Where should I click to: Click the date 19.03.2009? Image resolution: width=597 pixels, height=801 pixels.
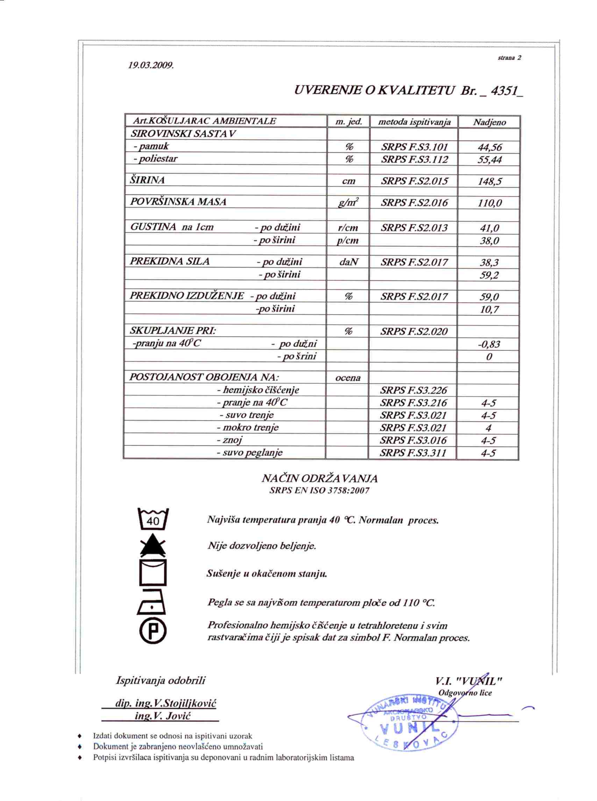click(x=151, y=65)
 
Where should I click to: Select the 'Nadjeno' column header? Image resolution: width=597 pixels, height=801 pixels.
click(x=489, y=122)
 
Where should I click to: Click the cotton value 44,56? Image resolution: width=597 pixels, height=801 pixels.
click(x=489, y=147)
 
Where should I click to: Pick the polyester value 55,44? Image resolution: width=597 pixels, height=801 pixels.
click(x=489, y=159)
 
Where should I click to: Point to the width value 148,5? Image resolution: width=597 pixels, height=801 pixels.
click(x=489, y=181)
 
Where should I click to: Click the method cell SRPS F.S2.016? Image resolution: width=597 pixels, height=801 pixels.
click(x=414, y=202)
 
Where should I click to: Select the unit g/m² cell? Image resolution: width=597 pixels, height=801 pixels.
click(x=348, y=202)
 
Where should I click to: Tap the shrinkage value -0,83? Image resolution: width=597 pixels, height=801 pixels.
click(x=489, y=344)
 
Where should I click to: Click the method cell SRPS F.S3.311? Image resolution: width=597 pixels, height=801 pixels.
click(x=413, y=452)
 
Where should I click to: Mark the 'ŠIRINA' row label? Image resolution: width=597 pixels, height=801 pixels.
click(x=147, y=180)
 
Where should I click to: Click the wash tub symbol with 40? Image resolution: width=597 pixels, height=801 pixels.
click(x=153, y=519)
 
